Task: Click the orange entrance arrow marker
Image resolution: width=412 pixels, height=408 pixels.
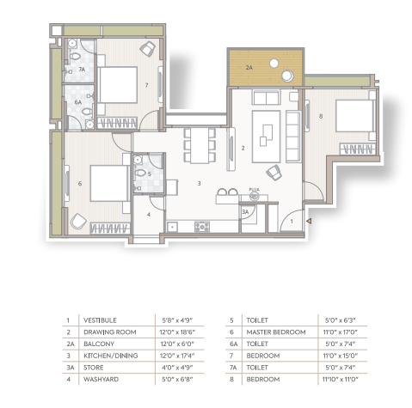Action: tap(309, 221)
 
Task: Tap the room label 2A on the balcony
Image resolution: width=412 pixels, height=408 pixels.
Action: tap(249, 68)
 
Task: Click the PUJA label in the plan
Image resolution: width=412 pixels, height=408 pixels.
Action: tap(255, 190)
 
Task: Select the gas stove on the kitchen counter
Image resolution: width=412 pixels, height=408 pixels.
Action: tap(202, 227)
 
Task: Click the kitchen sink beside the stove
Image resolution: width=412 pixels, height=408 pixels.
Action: tap(172, 228)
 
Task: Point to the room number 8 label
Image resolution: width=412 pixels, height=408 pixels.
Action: tap(321, 116)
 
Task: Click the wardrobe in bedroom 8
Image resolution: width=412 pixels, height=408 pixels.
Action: tap(358, 149)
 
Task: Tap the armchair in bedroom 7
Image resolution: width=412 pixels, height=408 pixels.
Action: tap(148, 48)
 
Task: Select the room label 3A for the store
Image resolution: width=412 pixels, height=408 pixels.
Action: tap(245, 212)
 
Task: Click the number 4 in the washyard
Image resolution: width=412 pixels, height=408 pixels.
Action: tap(149, 214)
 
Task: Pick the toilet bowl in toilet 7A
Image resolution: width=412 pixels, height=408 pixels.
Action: tap(75, 56)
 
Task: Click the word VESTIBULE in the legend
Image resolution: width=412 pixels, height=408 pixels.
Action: tap(100, 320)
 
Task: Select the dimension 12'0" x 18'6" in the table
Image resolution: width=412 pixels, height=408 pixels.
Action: tap(177, 332)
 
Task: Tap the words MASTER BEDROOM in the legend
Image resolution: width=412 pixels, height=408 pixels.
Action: tap(276, 332)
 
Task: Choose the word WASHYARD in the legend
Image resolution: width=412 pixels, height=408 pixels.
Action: tap(101, 380)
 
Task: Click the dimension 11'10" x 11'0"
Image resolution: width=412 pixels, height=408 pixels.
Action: tap(341, 380)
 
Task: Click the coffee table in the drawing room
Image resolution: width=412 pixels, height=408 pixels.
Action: tap(266, 137)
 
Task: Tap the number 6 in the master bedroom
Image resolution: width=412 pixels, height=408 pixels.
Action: tap(80, 183)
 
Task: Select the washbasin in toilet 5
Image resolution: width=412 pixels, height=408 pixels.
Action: tap(138, 160)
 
